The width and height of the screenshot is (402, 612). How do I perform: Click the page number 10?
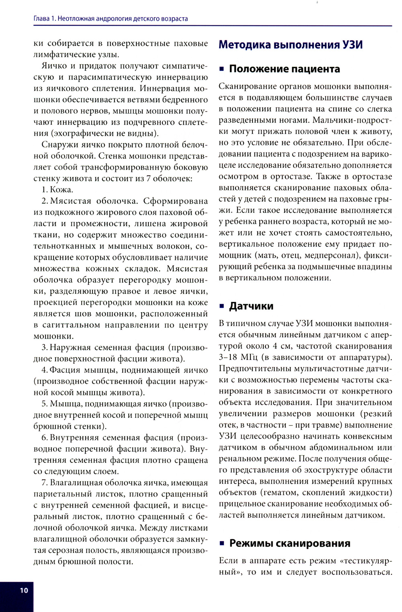(24, 590)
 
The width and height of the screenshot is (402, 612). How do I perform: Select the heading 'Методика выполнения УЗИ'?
(290, 45)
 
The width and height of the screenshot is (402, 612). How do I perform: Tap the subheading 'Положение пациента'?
(284, 69)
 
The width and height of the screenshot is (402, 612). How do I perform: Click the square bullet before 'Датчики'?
(222, 306)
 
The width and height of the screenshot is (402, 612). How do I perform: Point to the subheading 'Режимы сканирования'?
(289, 543)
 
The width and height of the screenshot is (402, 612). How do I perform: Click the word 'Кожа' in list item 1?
(61, 190)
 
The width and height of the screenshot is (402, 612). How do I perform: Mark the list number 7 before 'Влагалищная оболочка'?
(44, 483)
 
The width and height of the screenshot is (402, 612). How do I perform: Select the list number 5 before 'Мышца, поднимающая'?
(44, 404)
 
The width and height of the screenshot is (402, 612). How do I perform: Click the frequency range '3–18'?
(228, 357)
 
